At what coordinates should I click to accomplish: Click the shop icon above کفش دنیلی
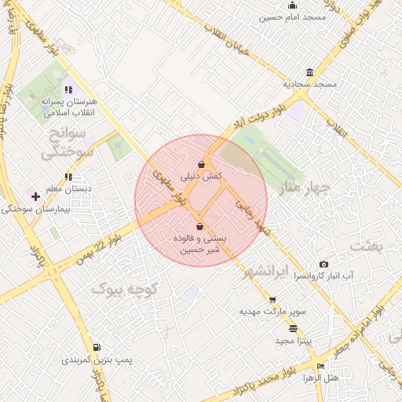tap(202, 165)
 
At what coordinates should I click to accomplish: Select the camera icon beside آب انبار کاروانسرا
tap(323, 265)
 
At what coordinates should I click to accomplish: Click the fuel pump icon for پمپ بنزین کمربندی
tap(97, 347)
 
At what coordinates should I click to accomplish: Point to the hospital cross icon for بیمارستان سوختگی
tap(35, 196)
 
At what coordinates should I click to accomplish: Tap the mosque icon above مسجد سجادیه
tap(309, 72)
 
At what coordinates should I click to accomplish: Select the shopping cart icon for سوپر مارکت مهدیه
tap(272, 300)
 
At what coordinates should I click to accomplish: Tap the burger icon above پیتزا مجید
tap(294, 329)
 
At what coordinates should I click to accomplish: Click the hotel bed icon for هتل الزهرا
tap(320, 367)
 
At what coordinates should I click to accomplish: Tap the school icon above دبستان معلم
tap(68, 177)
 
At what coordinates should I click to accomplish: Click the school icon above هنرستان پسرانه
tap(68, 90)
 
